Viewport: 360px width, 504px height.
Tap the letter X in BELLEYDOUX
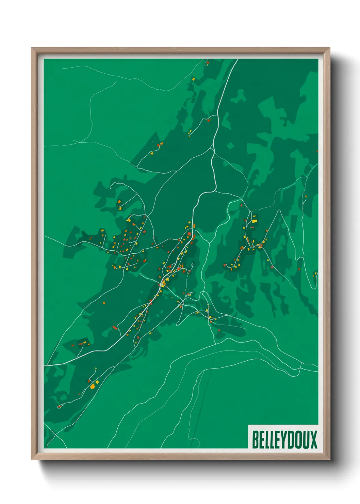(313, 440)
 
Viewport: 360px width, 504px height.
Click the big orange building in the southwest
(92, 386)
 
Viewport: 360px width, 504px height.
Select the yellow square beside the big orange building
(97, 382)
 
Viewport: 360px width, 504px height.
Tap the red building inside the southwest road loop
(60, 406)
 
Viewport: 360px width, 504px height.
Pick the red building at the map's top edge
(207, 63)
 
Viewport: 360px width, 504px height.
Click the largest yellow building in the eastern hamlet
(254, 221)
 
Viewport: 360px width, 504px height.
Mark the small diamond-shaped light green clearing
(231, 146)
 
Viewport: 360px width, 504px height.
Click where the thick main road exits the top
(237, 60)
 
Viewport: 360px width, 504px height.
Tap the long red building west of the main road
(115, 328)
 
